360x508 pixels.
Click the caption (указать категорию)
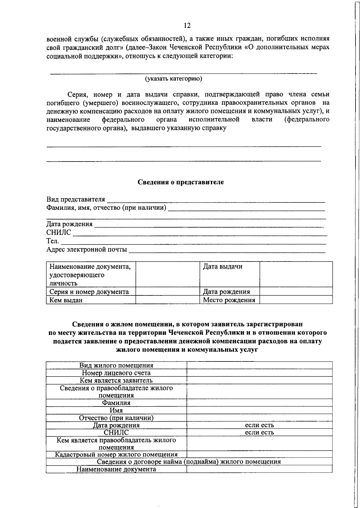pyautogui.click(x=174, y=79)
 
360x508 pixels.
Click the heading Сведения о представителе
pyautogui.click(x=181, y=182)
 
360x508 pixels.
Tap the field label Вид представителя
pyautogui.click(x=76, y=199)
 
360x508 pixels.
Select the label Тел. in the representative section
pyautogui.click(x=52, y=241)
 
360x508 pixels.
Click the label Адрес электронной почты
pyautogui.click(x=86, y=249)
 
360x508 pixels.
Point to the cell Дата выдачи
pyautogui.click(x=223, y=267)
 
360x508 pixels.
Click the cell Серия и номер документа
pyautogui.click(x=89, y=292)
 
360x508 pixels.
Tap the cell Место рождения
pyautogui.click(x=229, y=300)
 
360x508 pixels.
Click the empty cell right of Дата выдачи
pyautogui.click(x=296, y=274)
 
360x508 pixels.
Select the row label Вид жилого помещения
pyautogui.click(x=116, y=365)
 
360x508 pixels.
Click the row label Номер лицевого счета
pyautogui.click(x=116, y=373)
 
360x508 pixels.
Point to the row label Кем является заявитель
pyautogui.click(x=116, y=380)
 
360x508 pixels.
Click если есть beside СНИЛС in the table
pyautogui.click(x=259, y=432)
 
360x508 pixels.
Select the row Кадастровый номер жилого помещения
pyautogui.click(x=116, y=455)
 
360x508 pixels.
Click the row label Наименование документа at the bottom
pyautogui.click(x=116, y=469)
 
